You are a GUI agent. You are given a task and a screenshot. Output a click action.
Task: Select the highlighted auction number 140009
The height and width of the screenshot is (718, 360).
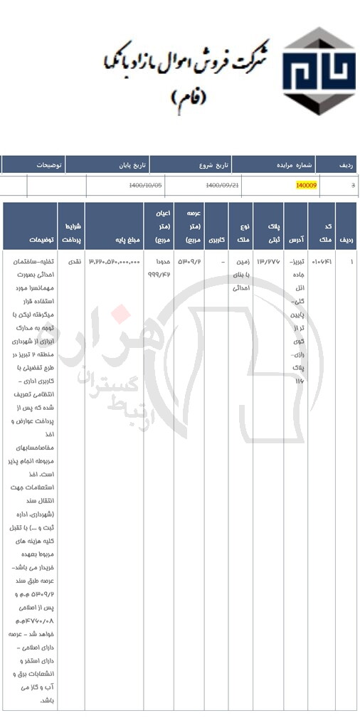coord(306,185)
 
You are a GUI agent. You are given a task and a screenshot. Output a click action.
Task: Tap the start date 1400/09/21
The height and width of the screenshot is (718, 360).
coord(222,185)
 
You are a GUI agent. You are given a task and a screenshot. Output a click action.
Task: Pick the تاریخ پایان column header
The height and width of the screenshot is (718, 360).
coord(132,165)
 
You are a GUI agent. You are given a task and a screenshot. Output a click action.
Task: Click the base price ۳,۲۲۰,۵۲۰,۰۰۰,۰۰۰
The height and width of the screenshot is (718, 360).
coord(115,262)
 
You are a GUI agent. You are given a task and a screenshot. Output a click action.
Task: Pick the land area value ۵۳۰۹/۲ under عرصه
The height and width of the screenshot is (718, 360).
coord(189,262)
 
